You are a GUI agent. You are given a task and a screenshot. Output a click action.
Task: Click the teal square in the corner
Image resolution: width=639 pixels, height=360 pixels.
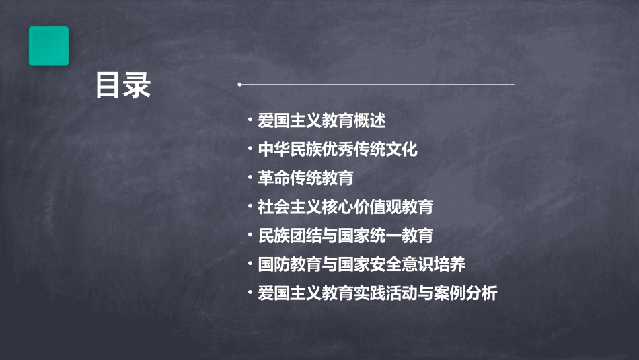click(x=48, y=46)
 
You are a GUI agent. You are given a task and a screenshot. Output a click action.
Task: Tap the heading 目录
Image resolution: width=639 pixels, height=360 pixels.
click(x=122, y=85)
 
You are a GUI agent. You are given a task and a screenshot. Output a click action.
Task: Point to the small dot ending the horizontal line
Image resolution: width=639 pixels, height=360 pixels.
click(x=239, y=85)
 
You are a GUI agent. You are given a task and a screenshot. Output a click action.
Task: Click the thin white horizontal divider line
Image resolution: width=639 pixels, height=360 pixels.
click(x=377, y=85)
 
